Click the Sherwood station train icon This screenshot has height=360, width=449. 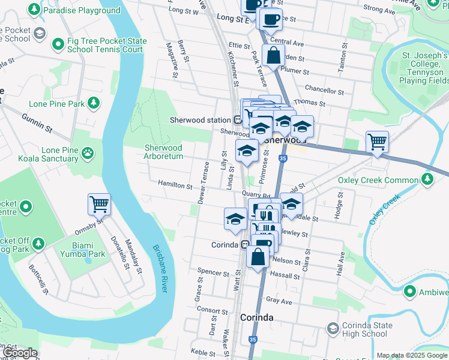[238, 120]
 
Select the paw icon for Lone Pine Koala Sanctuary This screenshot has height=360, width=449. [88, 152]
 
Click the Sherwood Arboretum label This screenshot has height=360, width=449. [163, 152]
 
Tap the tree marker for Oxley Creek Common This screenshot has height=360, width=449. [427, 179]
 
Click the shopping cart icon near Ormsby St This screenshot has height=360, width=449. [99, 204]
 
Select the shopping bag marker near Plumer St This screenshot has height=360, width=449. [273, 55]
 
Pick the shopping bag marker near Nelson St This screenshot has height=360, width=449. [258, 257]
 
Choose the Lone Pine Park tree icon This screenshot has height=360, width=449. [93, 103]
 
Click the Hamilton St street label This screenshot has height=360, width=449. [175, 185]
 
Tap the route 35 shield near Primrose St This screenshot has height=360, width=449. [282, 158]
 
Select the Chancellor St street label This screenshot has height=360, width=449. [324, 91]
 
